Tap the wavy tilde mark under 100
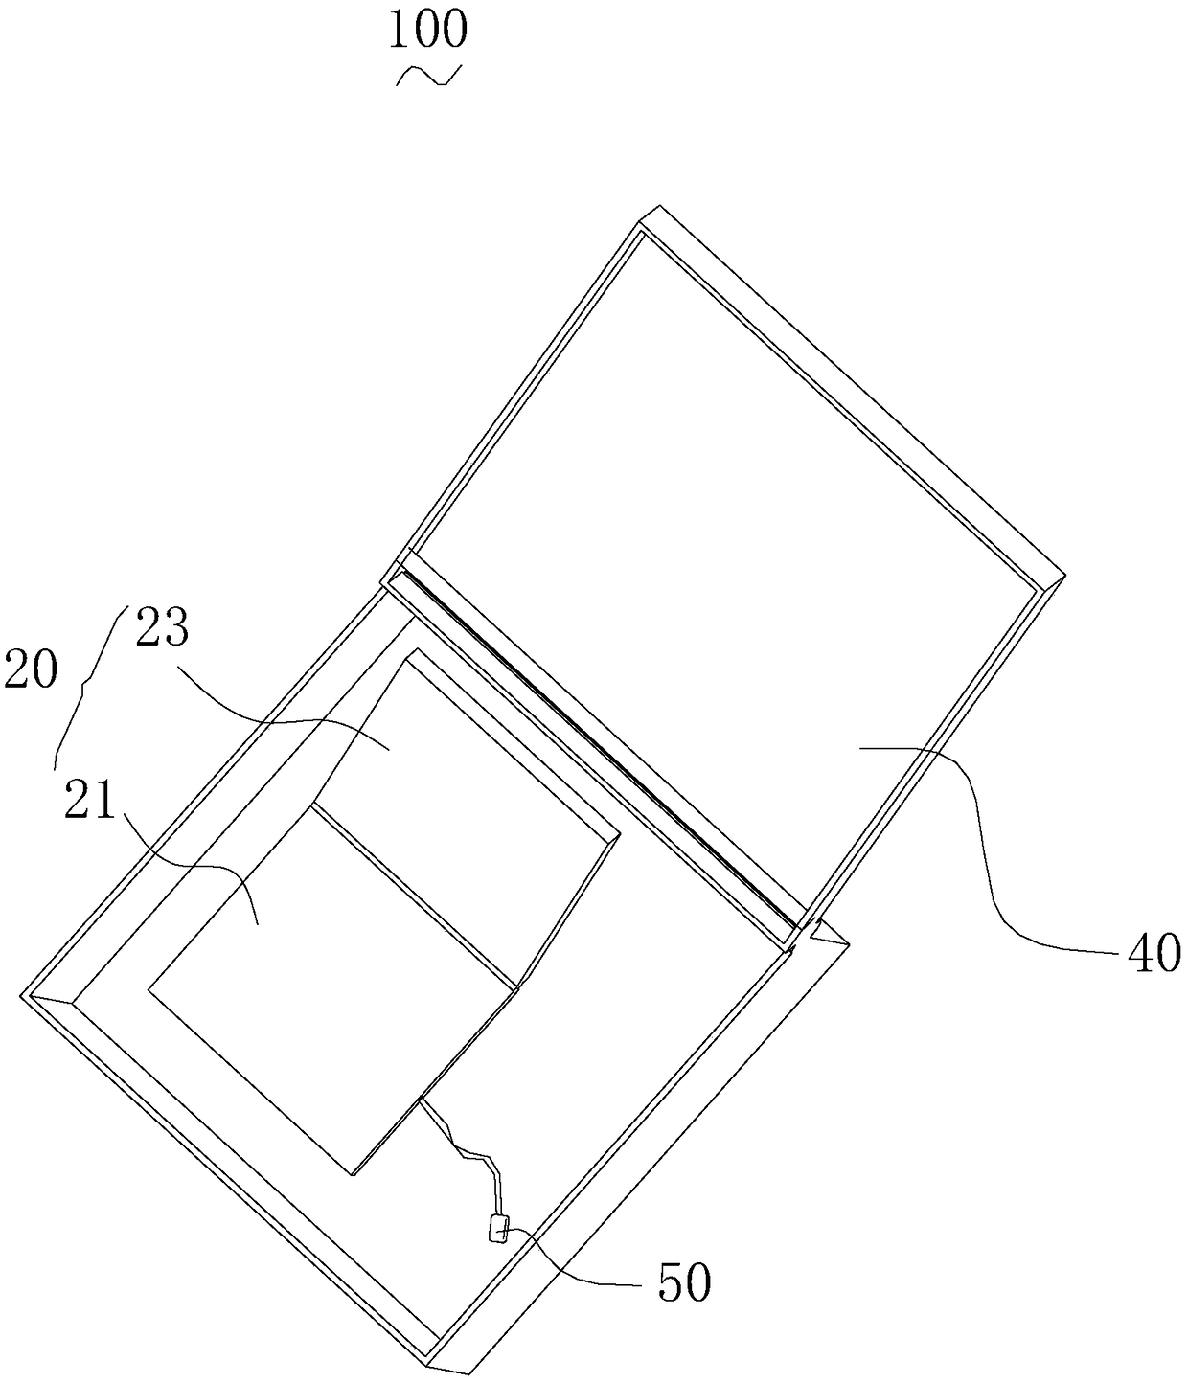(428, 77)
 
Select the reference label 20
(31, 669)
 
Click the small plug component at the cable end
(498, 1229)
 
